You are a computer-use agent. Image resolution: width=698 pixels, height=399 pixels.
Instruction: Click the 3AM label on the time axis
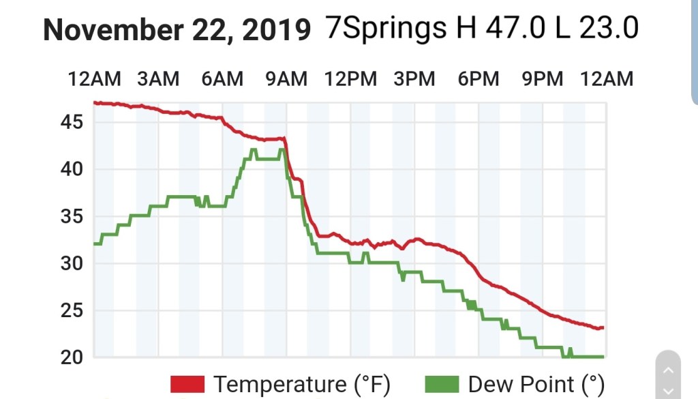158,79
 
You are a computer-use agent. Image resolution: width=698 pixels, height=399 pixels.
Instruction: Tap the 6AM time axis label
222,79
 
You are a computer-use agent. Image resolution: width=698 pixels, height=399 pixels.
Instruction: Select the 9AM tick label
286,79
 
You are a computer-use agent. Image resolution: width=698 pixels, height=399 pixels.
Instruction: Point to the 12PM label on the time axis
350,79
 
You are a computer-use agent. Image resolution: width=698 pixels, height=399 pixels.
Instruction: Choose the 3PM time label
414,79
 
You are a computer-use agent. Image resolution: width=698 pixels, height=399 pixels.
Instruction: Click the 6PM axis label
479,79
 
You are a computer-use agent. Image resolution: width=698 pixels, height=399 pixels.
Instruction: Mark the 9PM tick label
543,79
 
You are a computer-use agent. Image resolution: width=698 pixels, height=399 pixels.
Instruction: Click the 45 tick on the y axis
72,122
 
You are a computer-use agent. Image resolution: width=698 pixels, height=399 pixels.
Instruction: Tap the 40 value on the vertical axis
72,169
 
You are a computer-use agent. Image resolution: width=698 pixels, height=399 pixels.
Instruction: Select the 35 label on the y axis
72,217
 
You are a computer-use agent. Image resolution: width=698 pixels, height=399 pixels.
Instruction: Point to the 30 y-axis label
72,264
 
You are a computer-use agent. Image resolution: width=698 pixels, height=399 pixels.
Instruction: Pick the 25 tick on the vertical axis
72,311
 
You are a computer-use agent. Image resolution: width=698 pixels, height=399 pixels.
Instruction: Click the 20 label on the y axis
72,357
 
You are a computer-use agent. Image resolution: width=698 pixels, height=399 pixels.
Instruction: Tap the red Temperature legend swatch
187,384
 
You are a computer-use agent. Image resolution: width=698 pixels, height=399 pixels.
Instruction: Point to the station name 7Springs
386,29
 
